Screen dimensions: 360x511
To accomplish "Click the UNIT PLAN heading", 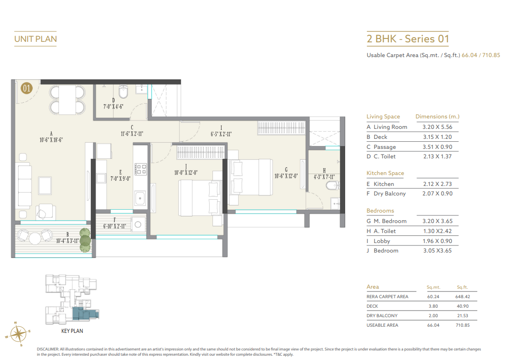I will click(x=36, y=39).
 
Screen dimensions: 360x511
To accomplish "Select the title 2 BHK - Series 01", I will click(x=407, y=39).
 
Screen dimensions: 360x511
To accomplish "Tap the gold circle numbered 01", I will click(x=26, y=88).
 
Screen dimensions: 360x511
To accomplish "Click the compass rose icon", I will click(x=17, y=334).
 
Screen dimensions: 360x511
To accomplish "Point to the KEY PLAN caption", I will click(x=72, y=331).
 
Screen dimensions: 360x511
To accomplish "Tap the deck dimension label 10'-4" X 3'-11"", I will click(x=67, y=241).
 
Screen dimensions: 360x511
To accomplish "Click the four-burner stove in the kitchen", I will click(x=141, y=169).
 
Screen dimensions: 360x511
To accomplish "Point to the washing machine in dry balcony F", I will click(x=138, y=224).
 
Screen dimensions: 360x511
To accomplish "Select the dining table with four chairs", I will click(x=68, y=99).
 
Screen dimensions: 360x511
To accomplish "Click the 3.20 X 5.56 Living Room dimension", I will click(x=441, y=127).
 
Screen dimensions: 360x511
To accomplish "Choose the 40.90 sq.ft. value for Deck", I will click(x=462, y=306).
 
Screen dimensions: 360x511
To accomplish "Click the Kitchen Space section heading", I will click(x=385, y=173).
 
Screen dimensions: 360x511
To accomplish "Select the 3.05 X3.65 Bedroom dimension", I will click(x=437, y=251).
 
